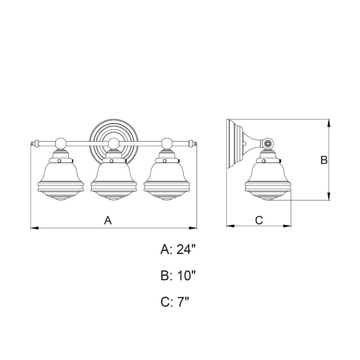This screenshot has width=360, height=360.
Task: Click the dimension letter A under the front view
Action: [x=108, y=220]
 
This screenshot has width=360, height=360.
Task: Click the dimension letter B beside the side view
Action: [x=324, y=160]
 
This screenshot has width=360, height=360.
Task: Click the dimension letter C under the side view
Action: [x=259, y=220]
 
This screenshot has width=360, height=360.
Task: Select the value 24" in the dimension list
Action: [x=186, y=249]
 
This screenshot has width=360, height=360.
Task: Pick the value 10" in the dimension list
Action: [x=186, y=275]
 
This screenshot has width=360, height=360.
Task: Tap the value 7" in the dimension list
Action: [x=183, y=302]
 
